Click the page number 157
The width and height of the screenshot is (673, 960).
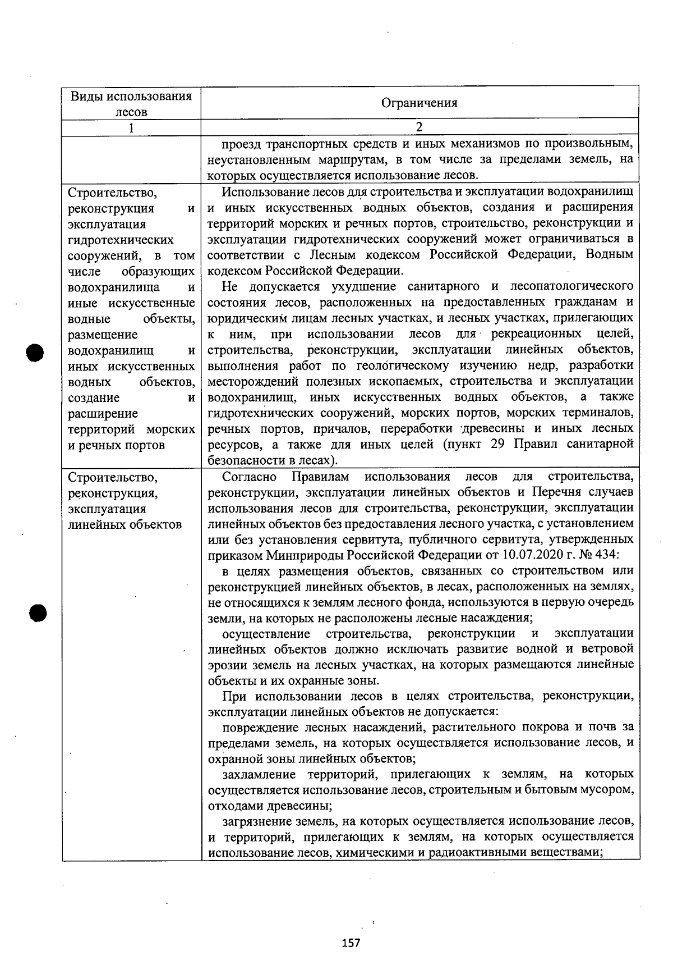(x=351, y=943)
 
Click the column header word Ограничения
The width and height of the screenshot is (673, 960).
(x=419, y=103)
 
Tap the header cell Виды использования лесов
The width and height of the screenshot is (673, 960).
(x=131, y=103)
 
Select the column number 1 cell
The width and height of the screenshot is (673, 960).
(x=131, y=127)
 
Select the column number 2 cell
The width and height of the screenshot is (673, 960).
(x=419, y=127)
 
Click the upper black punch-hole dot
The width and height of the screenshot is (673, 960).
(x=35, y=352)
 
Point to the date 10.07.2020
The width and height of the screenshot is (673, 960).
(x=539, y=555)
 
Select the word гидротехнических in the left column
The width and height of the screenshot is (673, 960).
(x=121, y=240)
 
